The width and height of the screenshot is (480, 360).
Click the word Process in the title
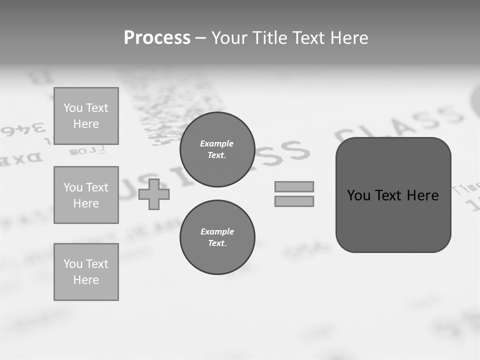[157, 38]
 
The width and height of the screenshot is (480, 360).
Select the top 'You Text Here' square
[86, 116]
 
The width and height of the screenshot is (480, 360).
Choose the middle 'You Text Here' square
[86, 195]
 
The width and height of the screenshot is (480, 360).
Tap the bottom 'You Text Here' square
[86, 272]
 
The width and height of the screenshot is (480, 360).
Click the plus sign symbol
[154, 194]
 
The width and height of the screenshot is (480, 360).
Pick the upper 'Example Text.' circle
[217, 149]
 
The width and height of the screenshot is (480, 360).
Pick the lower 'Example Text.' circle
[217, 237]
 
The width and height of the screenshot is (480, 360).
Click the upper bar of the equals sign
[294, 186]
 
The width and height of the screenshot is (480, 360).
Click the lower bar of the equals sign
[294, 201]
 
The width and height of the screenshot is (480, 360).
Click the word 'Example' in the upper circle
[217, 143]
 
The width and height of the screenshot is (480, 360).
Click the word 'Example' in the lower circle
[217, 231]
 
